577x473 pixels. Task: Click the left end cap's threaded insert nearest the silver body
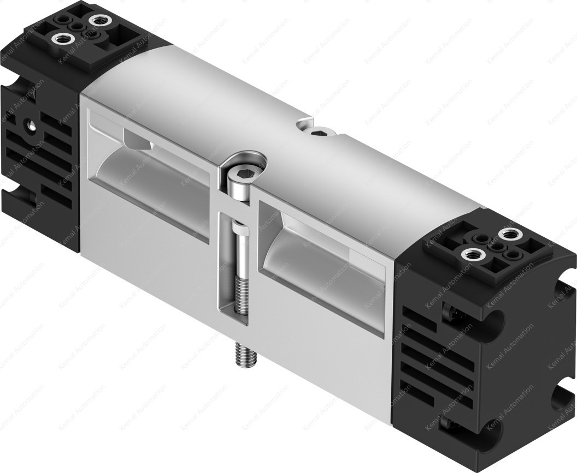tap(99, 21)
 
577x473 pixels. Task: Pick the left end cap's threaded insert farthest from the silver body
tap(58, 39)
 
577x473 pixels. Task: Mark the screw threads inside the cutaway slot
tap(239, 295)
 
